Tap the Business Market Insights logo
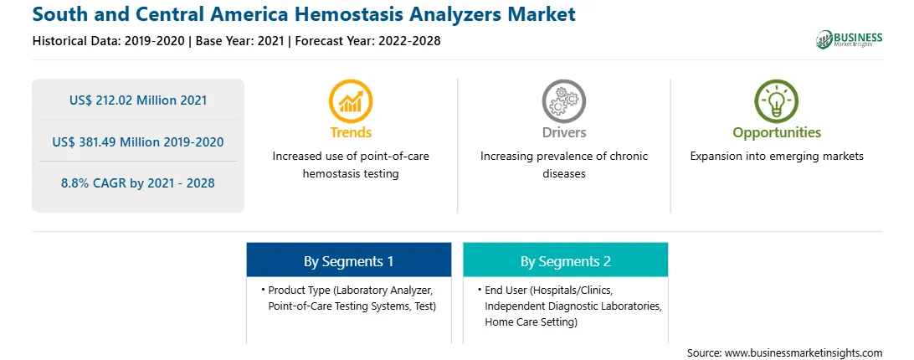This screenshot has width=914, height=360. pyautogui.click(x=850, y=39)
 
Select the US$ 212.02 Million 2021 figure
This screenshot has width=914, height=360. pyautogui.click(x=138, y=100)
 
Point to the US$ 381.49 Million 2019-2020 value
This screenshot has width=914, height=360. pyautogui.click(x=138, y=141)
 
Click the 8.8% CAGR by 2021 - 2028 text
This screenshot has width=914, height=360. pyautogui.click(x=138, y=183)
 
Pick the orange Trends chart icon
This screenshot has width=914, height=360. pyautogui.click(x=351, y=101)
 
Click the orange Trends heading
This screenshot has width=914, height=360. pyautogui.click(x=351, y=132)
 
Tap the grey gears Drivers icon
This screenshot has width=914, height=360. pyautogui.click(x=563, y=101)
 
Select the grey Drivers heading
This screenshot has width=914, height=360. pyautogui.click(x=563, y=132)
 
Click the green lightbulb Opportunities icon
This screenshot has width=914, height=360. pyautogui.click(x=777, y=101)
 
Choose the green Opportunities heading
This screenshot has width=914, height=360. pyautogui.click(x=777, y=132)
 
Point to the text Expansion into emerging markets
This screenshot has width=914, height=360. pyautogui.click(x=777, y=157)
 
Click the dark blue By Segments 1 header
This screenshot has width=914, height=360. pyautogui.click(x=348, y=260)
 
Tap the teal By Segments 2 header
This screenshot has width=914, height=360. pyautogui.click(x=566, y=260)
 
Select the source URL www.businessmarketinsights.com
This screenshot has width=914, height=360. pyautogui.click(x=804, y=353)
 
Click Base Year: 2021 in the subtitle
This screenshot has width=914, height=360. pyautogui.click(x=239, y=41)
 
